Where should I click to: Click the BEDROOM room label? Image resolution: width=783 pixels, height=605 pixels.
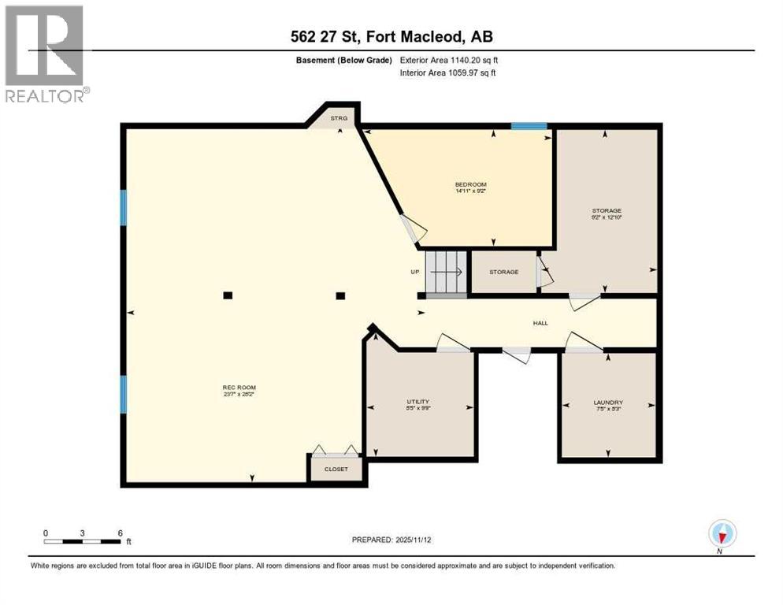(471, 184)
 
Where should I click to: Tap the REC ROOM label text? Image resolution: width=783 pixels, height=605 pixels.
(239, 387)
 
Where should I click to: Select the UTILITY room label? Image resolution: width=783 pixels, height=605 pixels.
(417, 402)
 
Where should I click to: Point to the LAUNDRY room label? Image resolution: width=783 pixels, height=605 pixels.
(607, 402)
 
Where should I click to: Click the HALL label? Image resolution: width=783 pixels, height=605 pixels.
(540, 323)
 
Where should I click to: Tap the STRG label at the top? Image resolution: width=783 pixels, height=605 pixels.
(339, 119)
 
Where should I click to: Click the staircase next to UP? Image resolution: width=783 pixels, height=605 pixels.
(447, 272)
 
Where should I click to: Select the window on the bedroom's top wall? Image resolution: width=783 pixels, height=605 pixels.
(529, 126)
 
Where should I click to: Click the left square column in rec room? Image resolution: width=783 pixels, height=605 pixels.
(227, 295)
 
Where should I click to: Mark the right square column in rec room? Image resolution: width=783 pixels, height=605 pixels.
(340, 295)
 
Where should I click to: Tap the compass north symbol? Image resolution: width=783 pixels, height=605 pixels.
(721, 534)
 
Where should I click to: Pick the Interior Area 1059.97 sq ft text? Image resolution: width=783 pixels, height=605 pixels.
(447, 73)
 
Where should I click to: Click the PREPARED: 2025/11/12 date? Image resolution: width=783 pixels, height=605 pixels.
(391, 540)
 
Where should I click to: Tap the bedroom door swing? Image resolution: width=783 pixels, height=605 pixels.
(414, 228)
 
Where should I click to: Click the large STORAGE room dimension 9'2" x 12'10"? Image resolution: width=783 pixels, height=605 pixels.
(607, 218)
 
